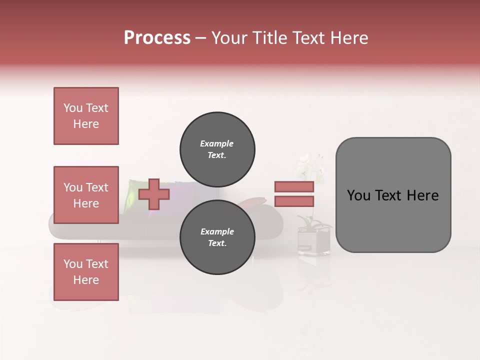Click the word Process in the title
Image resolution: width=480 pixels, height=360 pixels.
(x=157, y=38)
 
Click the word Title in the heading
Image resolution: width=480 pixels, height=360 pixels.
(x=268, y=38)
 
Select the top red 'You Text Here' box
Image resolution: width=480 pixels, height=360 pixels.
(x=86, y=116)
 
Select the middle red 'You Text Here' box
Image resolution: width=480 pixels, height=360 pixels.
(x=86, y=195)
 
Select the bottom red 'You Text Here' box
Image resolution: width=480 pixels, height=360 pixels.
(x=86, y=272)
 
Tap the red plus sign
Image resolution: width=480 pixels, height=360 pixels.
(x=154, y=194)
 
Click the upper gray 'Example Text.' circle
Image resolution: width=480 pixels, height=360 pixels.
(x=217, y=149)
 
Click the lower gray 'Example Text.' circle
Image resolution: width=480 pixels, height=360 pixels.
(x=217, y=237)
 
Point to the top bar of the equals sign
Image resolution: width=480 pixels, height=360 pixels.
(x=294, y=186)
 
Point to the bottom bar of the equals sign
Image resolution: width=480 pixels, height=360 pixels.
(x=294, y=201)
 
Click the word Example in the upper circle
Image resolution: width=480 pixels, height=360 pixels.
(x=216, y=143)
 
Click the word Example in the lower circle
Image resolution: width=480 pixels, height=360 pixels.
(x=217, y=231)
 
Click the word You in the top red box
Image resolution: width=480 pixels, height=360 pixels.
(x=73, y=108)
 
